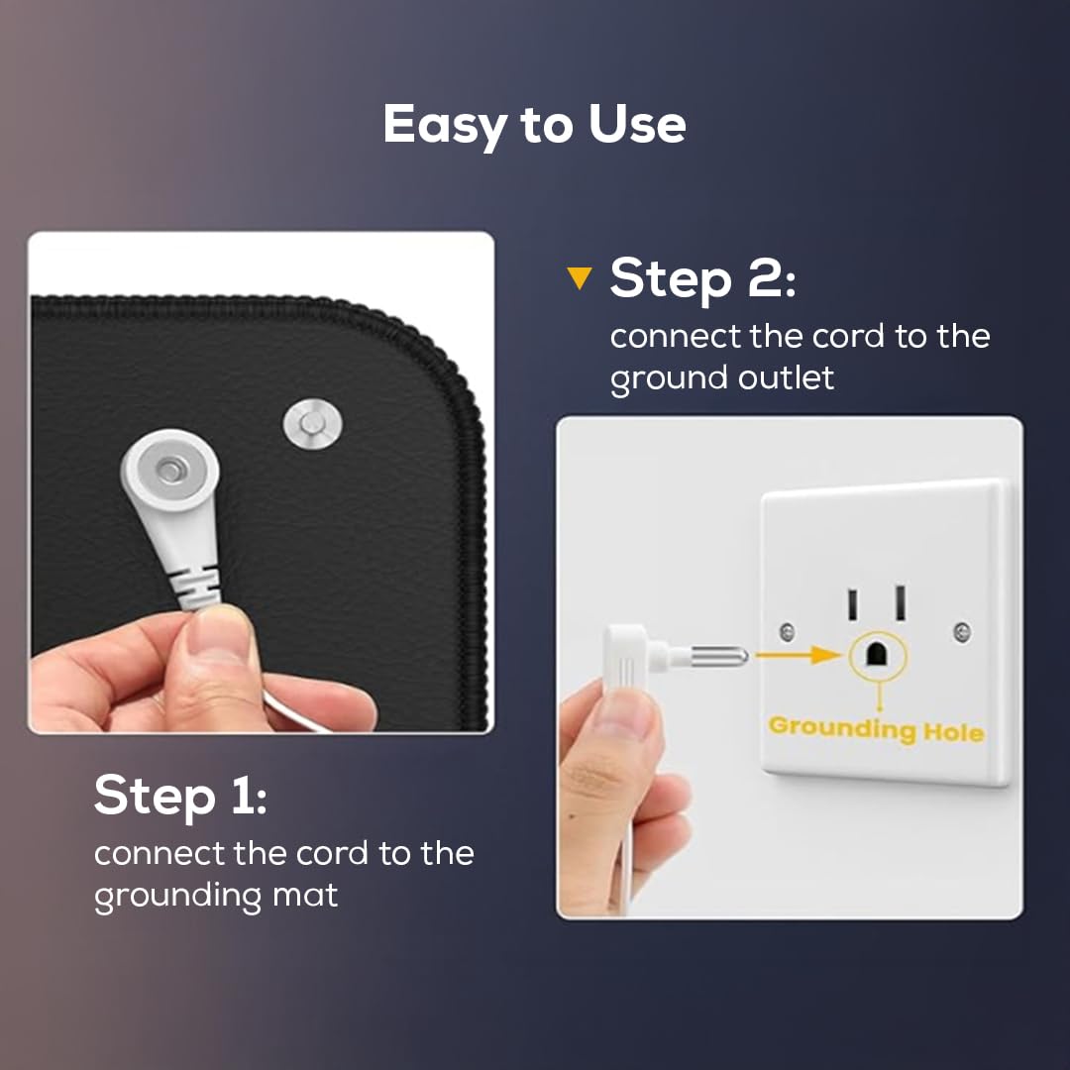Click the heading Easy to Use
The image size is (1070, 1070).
534,126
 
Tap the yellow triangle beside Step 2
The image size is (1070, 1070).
580,277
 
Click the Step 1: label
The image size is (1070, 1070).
180,795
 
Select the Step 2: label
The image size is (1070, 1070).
702,278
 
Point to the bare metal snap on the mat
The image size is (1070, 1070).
312,424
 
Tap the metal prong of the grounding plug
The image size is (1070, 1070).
718,657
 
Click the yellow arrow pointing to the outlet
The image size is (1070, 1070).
800,655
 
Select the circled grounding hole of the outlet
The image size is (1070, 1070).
877,655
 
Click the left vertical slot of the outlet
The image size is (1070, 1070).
852,605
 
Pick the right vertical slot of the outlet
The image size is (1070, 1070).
901,602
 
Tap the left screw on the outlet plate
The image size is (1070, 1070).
787,632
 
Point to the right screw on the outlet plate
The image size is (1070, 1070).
962,631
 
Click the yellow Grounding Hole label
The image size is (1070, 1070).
876,730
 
